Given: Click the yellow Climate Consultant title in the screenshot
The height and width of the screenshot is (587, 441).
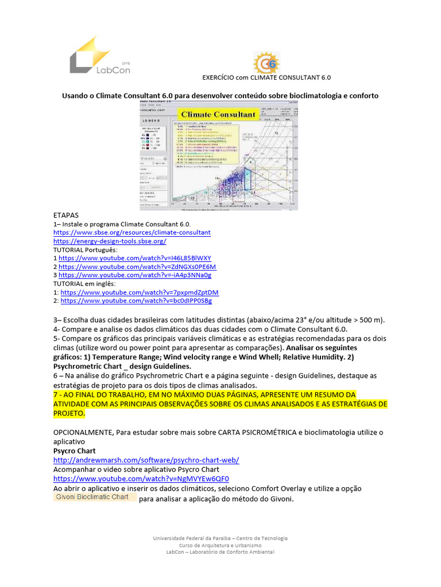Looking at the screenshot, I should click(x=219, y=114).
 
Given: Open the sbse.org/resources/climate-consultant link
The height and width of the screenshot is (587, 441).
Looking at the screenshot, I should click(x=132, y=233).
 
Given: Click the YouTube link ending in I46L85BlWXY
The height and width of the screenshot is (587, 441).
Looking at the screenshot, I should click(x=135, y=258).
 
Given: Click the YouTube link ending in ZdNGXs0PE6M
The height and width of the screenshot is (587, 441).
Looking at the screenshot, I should click(x=137, y=267).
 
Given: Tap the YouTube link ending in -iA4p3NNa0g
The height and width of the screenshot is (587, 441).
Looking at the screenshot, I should click(x=135, y=275).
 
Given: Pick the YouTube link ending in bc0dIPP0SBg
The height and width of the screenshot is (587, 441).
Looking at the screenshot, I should click(x=136, y=300).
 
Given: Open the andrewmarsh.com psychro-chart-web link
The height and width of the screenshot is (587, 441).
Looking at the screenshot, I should click(x=146, y=460).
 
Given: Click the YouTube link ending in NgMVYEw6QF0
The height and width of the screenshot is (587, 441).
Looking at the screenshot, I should click(x=141, y=478).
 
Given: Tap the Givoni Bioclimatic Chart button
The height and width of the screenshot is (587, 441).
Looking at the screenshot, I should click(x=95, y=497).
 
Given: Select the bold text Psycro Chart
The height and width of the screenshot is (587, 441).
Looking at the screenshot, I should click(x=75, y=452).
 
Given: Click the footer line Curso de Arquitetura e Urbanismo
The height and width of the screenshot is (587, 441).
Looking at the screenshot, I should click(x=220, y=545).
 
